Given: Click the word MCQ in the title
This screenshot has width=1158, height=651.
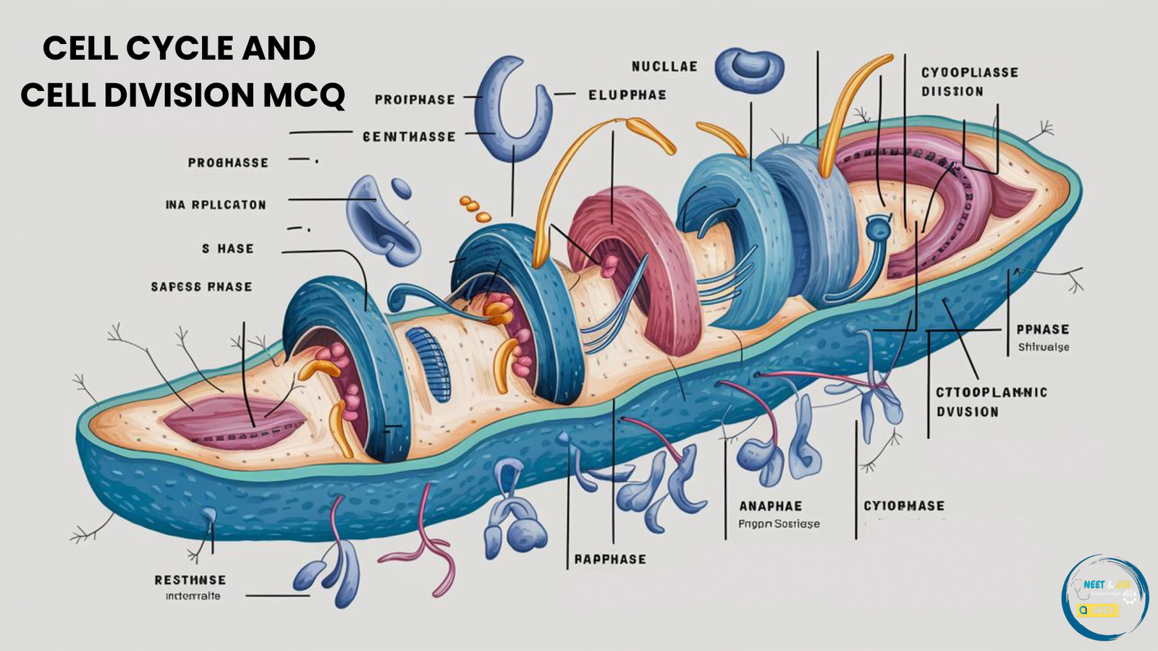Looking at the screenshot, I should [x=303, y=95].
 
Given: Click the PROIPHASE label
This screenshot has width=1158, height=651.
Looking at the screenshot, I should [x=415, y=100].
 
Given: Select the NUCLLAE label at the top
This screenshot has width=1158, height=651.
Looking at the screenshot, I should [x=664, y=67].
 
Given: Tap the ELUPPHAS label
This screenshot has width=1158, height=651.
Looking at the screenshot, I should [x=627, y=95].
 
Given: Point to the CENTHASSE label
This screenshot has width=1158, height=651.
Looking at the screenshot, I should [x=409, y=137].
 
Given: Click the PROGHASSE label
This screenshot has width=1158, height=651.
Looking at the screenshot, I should [x=228, y=163].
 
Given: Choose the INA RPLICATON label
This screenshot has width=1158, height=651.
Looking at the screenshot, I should [x=216, y=205].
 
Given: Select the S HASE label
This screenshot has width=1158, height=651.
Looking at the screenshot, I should [x=227, y=249].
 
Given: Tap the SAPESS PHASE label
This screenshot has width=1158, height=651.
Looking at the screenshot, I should [x=201, y=287].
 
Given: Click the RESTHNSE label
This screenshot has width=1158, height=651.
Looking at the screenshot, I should [x=190, y=580].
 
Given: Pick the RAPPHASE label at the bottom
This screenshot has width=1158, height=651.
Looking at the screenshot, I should [x=609, y=559].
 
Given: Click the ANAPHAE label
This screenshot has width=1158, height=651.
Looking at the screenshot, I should [x=770, y=506].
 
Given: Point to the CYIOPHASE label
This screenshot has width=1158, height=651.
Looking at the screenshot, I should [x=904, y=506].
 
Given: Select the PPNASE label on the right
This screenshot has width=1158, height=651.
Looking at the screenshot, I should [x=1042, y=329].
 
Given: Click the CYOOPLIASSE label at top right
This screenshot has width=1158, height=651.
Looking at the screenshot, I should [x=969, y=72].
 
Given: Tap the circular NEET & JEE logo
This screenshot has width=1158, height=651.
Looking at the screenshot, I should [x=1104, y=597].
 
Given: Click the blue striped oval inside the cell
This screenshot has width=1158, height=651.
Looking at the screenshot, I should [x=428, y=364].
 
